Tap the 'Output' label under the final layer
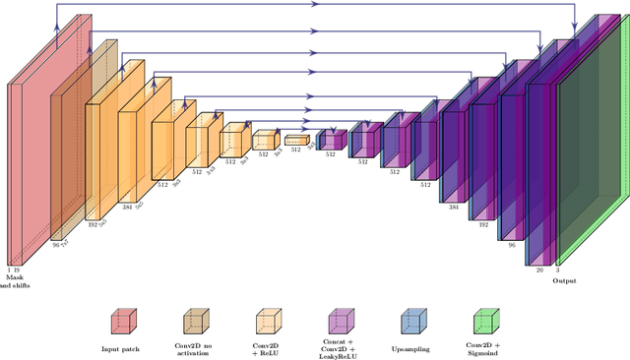[x=564, y=280]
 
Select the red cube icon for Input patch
[x=122, y=323]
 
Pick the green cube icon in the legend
[x=483, y=323]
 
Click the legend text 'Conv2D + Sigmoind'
[x=483, y=348]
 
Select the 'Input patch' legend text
[x=122, y=348]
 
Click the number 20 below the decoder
[x=538, y=269]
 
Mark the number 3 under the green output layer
[x=557, y=269]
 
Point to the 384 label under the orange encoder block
[x=126, y=209]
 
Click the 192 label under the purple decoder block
[x=483, y=223]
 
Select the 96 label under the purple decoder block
[x=511, y=244]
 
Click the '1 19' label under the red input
[x=14, y=269]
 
